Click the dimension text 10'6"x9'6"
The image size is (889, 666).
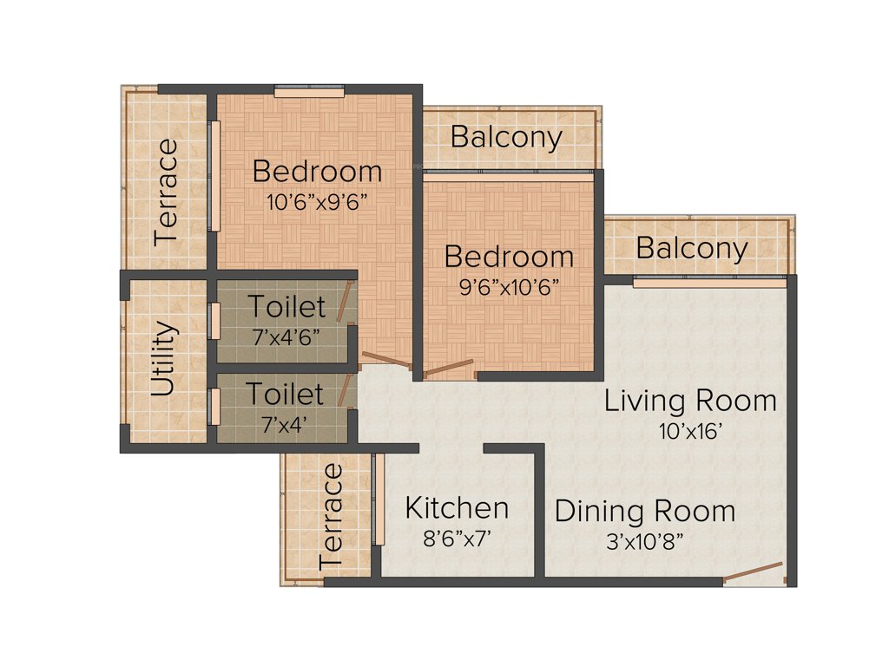click(x=318, y=202)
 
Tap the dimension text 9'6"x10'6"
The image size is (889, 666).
click(x=509, y=287)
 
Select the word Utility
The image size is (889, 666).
click(x=164, y=359)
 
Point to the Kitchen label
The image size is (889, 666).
click(x=458, y=508)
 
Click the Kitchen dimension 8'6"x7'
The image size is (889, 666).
click(x=458, y=539)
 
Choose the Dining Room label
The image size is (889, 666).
click(x=645, y=511)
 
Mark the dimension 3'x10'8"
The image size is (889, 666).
click(x=645, y=542)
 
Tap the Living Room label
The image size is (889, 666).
click(x=690, y=401)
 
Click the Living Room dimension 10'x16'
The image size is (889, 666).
click(x=690, y=431)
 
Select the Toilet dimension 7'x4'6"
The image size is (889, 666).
click(x=287, y=336)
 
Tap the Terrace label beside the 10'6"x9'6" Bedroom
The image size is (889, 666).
click(x=166, y=192)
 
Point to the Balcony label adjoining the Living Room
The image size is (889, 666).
click(x=692, y=249)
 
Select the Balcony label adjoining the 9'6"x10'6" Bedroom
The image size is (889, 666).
click(x=506, y=137)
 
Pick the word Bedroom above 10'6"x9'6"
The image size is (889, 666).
click(x=318, y=172)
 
